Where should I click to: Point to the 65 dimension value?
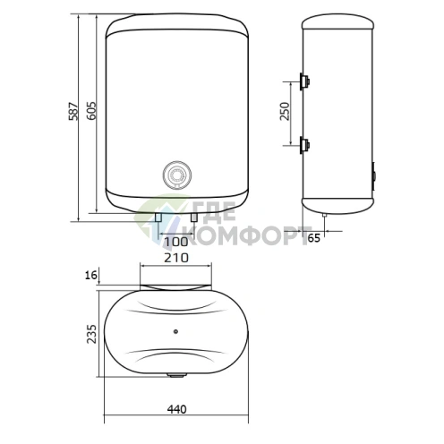(338, 237)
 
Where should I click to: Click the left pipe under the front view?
(158, 218)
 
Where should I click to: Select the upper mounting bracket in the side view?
(306, 82)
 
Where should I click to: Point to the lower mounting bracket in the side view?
(306, 144)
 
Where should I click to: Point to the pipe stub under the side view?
(323, 216)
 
